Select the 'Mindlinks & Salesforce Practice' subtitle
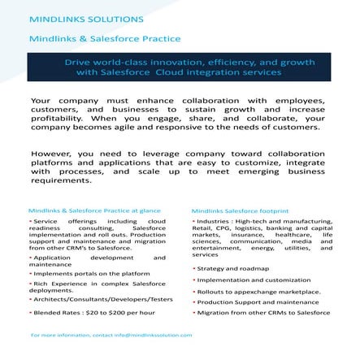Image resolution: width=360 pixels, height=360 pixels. click(x=86, y=37)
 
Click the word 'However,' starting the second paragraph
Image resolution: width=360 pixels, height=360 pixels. click(x=50, y=152)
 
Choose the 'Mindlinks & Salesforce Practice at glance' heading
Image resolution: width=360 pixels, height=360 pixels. click(x=93, y=210)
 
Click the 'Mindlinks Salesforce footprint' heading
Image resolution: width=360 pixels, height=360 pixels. click(x=241, y=210)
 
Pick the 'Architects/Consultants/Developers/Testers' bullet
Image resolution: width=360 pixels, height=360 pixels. click(x=102, y=299)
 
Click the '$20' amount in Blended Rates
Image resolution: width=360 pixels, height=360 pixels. click(x=89, y=312)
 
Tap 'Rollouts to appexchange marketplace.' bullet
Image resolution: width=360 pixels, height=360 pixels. click(x=259, y=291)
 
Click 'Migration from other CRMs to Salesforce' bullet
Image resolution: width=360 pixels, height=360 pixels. click(x=263, y=312)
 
